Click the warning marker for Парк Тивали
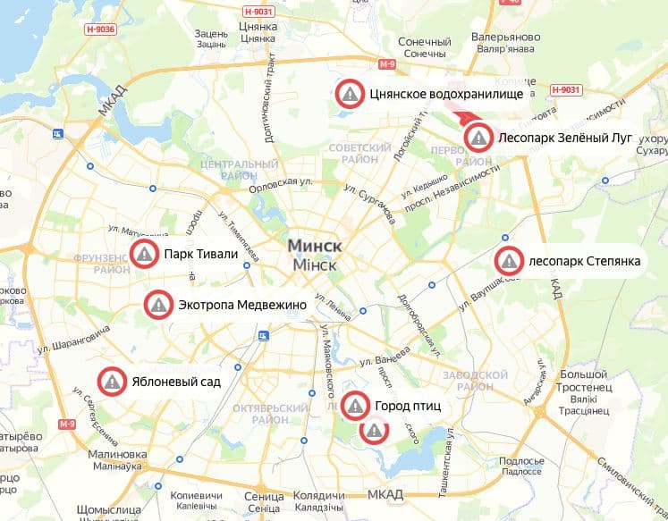143,255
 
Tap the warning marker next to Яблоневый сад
112,382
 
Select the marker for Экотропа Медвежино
158,305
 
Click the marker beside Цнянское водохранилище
350,93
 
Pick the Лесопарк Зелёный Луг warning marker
479,138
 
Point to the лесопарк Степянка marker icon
509,262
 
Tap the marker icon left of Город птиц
355,406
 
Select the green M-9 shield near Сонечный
386,65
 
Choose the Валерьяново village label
505,38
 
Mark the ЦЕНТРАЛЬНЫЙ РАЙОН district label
239,171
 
